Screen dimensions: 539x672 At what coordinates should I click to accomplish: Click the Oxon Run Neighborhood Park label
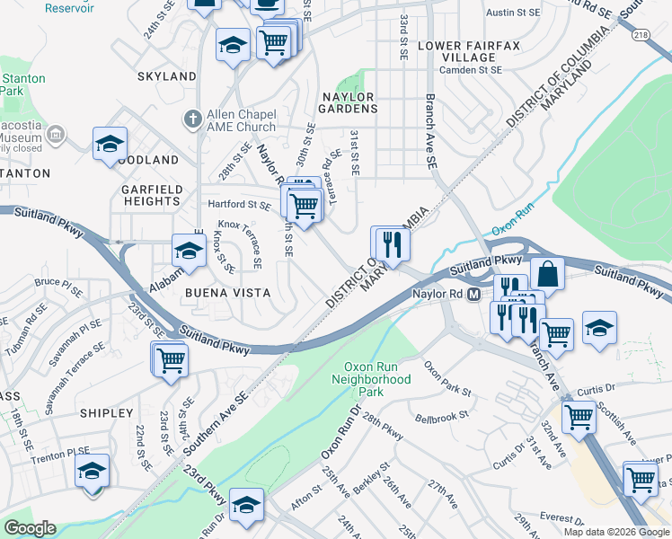point(377,379)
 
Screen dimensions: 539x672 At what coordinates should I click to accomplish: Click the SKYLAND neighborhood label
point(167,76)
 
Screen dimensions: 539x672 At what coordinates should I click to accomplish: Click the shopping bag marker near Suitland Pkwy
point(547,272)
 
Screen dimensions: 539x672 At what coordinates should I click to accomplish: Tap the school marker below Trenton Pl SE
point(92,471)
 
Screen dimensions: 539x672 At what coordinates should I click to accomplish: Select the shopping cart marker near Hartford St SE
point(304,205)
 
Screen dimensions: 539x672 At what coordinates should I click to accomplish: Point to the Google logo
point(30,528)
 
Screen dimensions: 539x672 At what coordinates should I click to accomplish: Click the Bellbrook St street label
point(443,418)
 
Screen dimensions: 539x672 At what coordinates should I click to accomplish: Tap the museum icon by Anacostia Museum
point(56,135)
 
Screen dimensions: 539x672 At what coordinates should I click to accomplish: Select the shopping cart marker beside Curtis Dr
point(579,416)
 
